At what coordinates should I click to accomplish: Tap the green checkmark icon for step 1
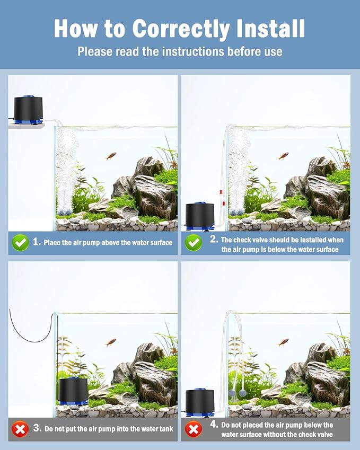pyautogui.click(x=20, y=243)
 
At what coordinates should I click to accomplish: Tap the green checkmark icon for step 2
pyautogui.click(x=193, y=243)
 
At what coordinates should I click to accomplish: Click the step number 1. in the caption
pyautogui.click(x=37, y=242)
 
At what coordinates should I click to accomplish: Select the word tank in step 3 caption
pyautogui.click(x=164, y=428)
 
